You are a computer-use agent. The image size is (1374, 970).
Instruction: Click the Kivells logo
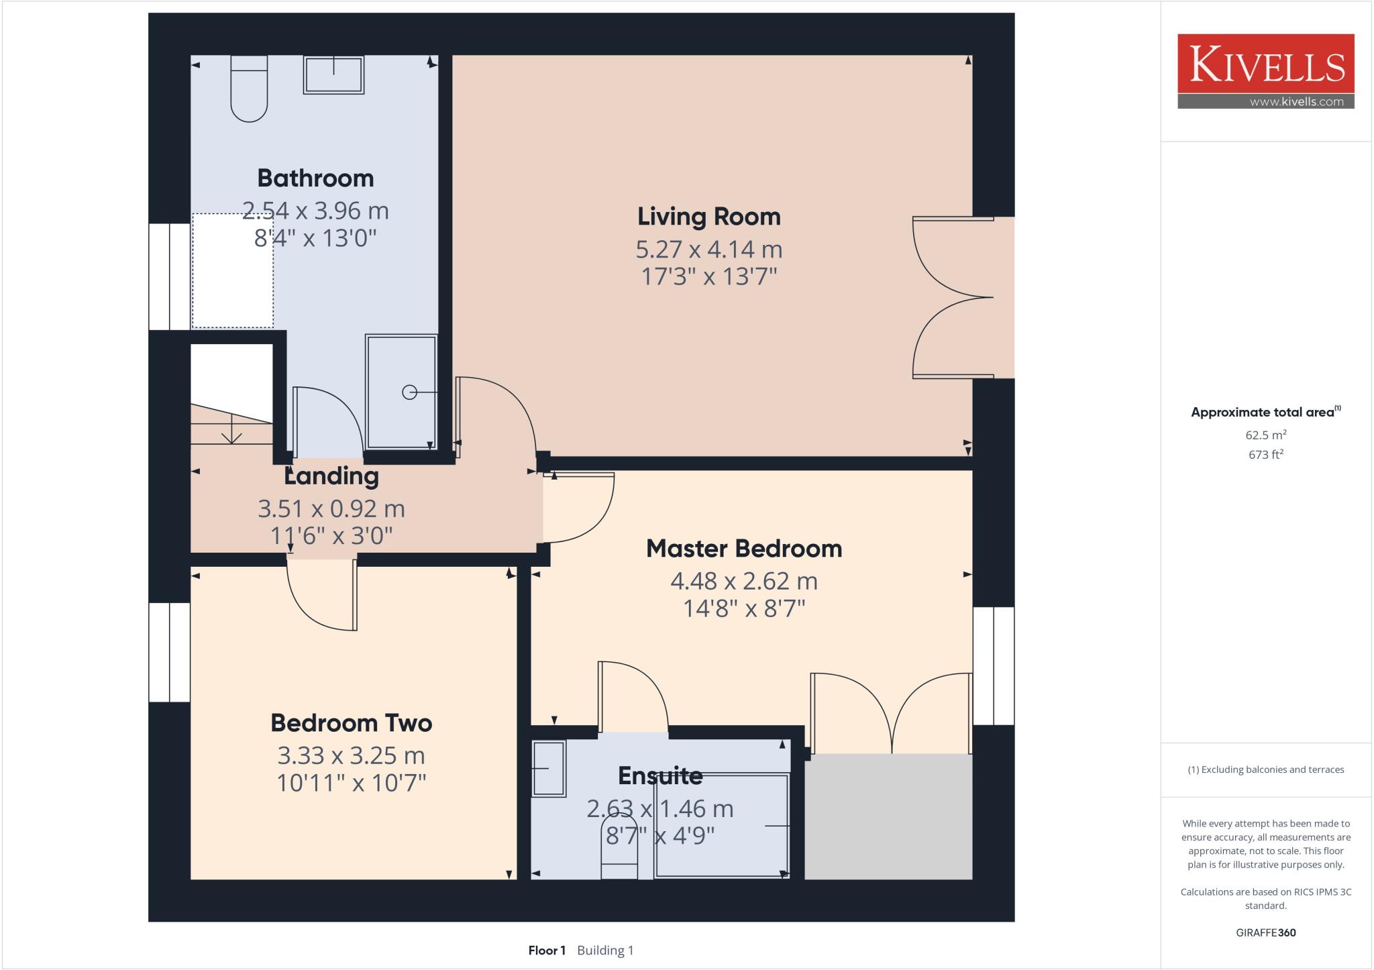(x=1265, y=71)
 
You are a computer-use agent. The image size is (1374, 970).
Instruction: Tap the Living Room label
(x=708, y=217)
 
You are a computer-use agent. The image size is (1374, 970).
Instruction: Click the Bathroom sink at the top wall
(x=333, y=74)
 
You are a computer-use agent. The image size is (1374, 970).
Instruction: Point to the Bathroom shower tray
(x=401, y=392)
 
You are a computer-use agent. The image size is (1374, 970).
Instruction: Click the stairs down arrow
(x=231, y=430)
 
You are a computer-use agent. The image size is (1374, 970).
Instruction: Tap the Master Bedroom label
(x=743, y=549)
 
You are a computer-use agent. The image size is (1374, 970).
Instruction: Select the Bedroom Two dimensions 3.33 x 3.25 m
(x=351, y=756)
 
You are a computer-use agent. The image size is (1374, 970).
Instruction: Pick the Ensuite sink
(x=549, y=768)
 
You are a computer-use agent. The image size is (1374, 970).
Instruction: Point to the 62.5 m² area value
(x=1265, y=435)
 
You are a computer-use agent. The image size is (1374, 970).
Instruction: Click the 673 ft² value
(x=1265, y=455)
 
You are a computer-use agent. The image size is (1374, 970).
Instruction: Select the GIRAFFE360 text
(x=1265, y=932)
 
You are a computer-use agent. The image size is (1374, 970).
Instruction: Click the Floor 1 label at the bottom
(x=547, y=951)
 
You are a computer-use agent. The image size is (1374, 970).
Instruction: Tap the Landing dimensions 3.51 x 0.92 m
(x=331, y=509)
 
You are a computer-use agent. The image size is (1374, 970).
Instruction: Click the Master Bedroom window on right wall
(x=994, y=665)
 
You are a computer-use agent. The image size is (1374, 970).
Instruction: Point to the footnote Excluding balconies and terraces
(x=1265, y=769)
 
